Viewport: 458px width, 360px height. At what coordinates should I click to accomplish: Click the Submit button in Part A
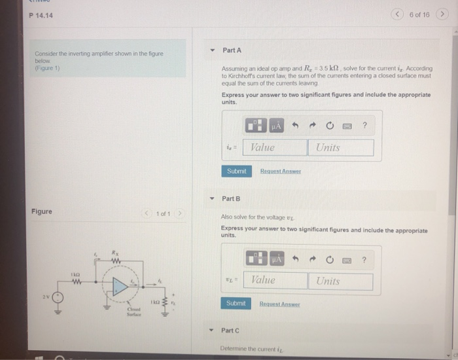click(x=236, y=171)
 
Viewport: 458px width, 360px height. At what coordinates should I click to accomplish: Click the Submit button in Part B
click(x=236, y=304)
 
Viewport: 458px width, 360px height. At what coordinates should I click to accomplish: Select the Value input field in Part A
click(x=274, y=148)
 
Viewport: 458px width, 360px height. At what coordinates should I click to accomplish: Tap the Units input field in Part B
click(x=340, y=281)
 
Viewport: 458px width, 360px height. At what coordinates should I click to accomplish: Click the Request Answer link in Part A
click(x=280, y=171)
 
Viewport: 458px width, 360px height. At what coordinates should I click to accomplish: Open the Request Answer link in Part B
click(x=279, y=304)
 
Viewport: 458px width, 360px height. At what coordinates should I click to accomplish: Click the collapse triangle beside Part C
click(x=211, y=331)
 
